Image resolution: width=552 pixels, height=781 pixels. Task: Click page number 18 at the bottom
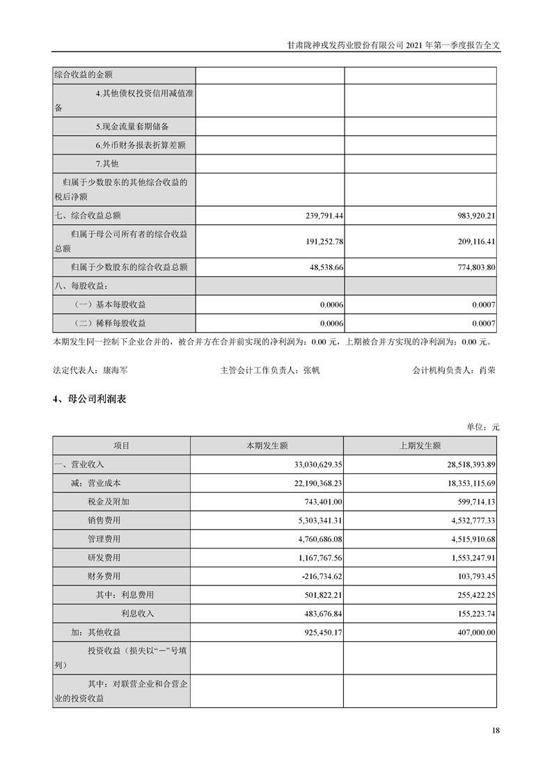click(495, 730)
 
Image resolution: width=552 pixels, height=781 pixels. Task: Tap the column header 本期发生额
click(267, 445)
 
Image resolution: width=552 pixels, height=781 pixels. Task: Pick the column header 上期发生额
click(420, 445)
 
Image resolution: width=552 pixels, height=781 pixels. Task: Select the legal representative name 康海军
click(114, 371)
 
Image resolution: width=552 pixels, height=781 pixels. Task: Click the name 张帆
click(311, 371)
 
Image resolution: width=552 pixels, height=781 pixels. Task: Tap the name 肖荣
click(487, 371)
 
